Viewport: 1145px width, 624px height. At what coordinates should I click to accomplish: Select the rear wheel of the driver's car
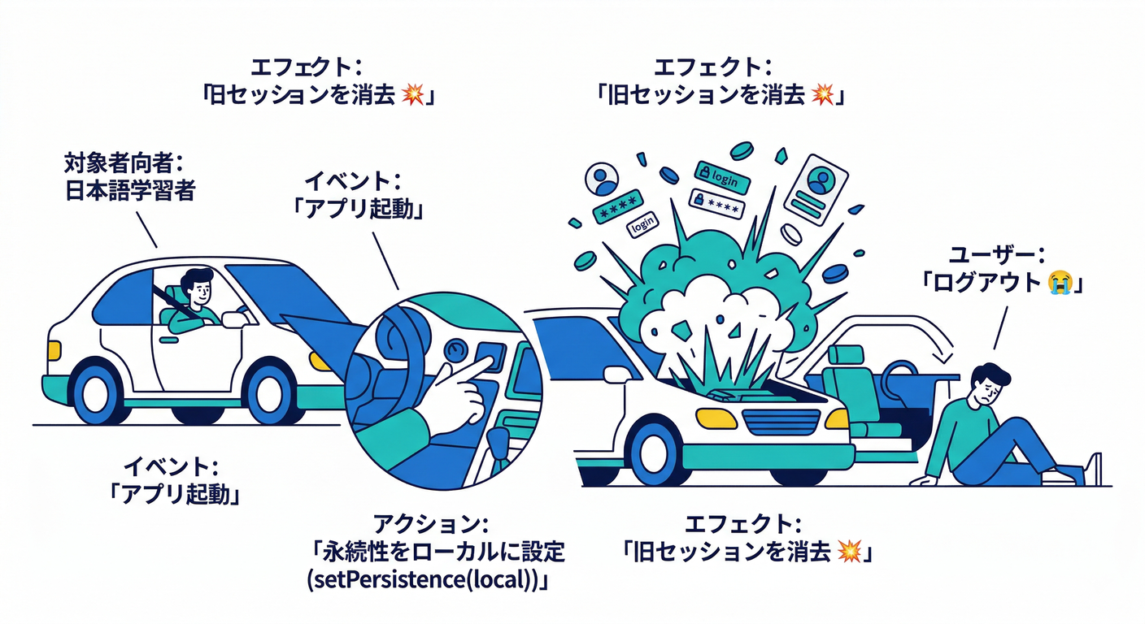tap(97, 392)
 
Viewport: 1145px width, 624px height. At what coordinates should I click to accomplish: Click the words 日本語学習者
tap(129, 192)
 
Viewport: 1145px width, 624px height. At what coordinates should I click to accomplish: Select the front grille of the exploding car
tap(780, 420)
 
